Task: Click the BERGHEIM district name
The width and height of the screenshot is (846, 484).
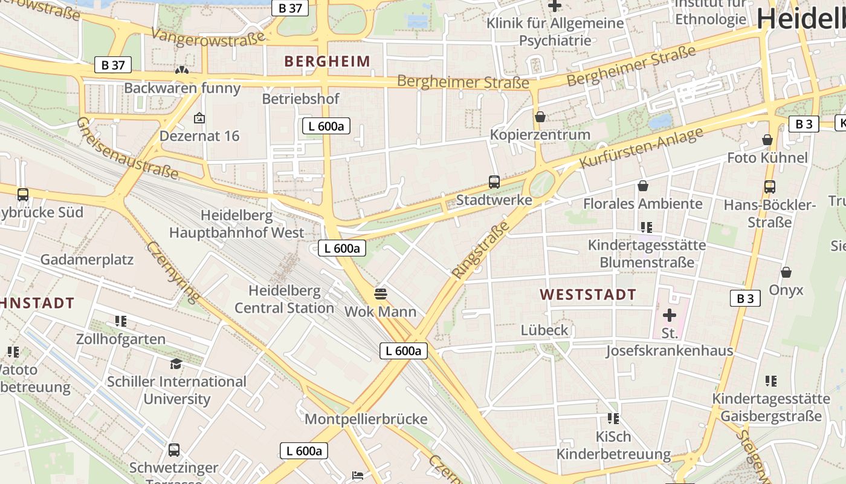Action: (x=327, y=61)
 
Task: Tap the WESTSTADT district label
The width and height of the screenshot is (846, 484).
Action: (x=588, y=295)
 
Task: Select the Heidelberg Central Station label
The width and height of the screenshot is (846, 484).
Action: (x=284, y=299)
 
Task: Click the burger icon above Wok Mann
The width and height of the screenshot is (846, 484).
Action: (x=381, y=294)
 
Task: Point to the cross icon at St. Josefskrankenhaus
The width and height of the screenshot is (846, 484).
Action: (x=670, y=315)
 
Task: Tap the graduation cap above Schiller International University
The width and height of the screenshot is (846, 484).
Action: (x=176, y=364)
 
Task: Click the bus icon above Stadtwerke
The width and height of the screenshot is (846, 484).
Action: (x=494, y=181)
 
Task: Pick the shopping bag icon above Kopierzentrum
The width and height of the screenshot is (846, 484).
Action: (x=540, y=117)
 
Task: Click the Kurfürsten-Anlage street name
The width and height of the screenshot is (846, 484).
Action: (x=642, y=148)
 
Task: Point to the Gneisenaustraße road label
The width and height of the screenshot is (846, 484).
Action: (x=127, y=148)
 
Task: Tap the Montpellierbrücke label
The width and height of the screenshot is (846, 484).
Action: (x=366, y=419)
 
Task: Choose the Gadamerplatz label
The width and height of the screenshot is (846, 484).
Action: (x=87, y=260)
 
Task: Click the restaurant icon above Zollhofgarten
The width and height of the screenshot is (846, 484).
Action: (x=121, y=321)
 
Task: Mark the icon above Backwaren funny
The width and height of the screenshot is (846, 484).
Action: (x=181, y=71)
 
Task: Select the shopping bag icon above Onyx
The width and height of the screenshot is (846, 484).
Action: (x=786, y=272)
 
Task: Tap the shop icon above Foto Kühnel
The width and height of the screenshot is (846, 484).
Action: (x=767, y=140)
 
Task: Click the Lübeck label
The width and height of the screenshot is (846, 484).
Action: (x=544, y=330)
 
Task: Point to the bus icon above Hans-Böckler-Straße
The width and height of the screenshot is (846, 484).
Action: (x=770, y=187)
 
